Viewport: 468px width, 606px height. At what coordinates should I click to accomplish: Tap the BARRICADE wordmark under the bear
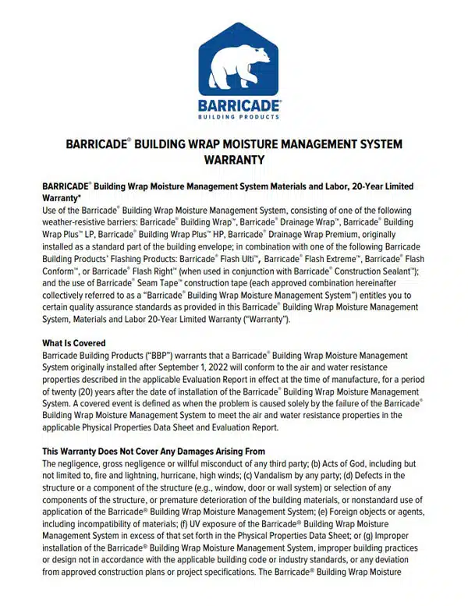[234, 105]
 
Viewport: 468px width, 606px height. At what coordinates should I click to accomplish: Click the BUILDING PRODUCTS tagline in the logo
[234, 117]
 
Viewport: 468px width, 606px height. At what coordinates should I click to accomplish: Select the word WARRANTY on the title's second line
[233, 160]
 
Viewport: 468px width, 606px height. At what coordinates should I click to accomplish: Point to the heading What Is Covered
[74, 343]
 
